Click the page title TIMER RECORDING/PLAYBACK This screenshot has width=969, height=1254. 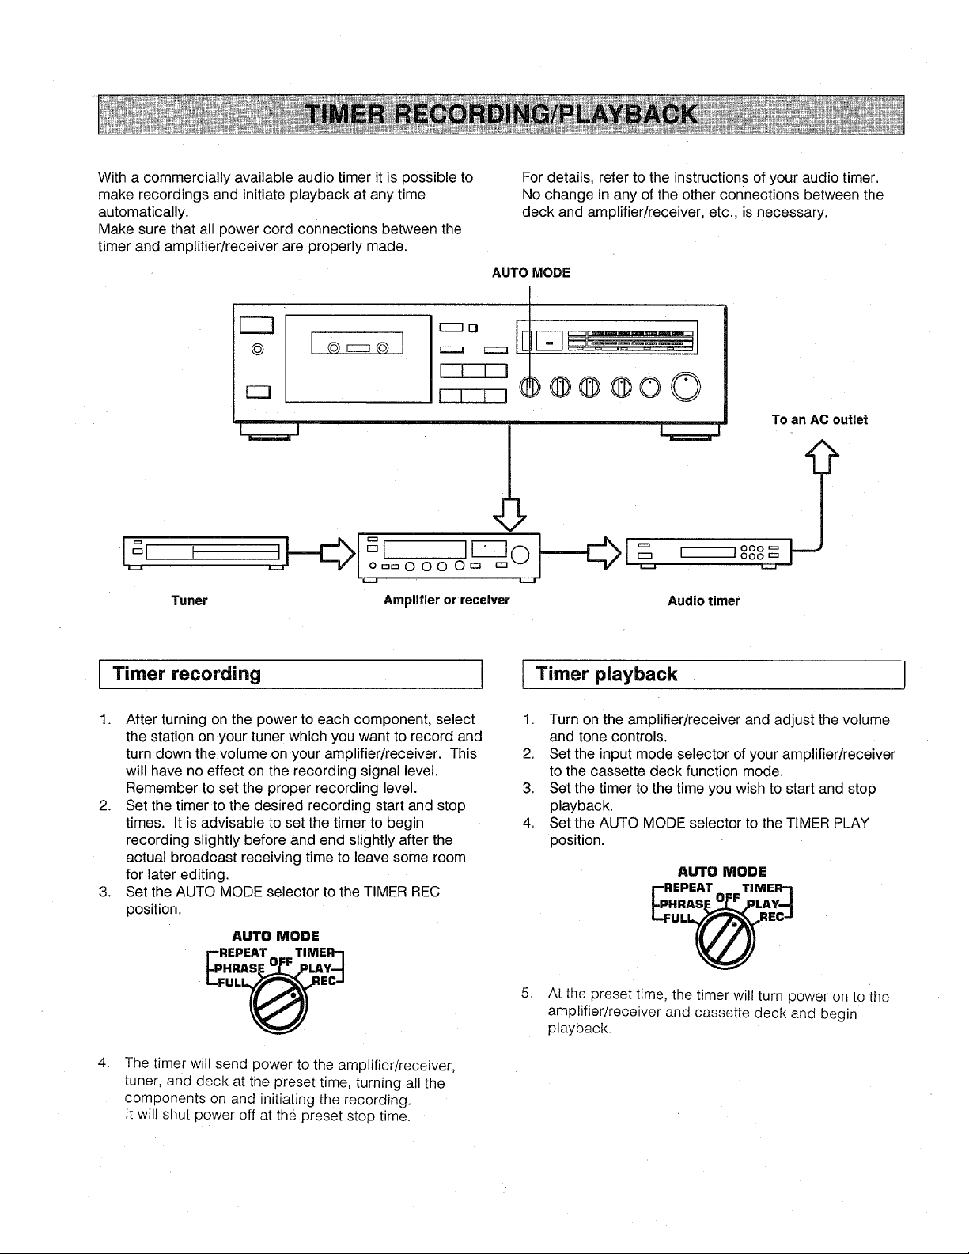pos(502,115)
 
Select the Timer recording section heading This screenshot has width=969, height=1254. pos(187,674)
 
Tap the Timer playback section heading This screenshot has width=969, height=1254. pos(606,674)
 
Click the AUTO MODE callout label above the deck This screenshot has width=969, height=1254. pos(531,273)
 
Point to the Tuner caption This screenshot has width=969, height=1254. pos(189,600)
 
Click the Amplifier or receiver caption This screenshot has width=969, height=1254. pos(446,600)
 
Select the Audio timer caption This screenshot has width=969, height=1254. pos(704,600)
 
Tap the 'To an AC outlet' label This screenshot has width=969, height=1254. pos(819,419)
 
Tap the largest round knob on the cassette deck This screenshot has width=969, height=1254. pos(686,387)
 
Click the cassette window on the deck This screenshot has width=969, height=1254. pos(357,343)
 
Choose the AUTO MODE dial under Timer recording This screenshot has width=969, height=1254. pos(278,1005)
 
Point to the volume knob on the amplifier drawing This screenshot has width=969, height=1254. pos(520,555)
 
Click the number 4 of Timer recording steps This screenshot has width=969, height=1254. pos(104,1063)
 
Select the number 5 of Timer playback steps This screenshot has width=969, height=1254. pos(526,993)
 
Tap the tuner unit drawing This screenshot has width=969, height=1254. pos(206,552)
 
